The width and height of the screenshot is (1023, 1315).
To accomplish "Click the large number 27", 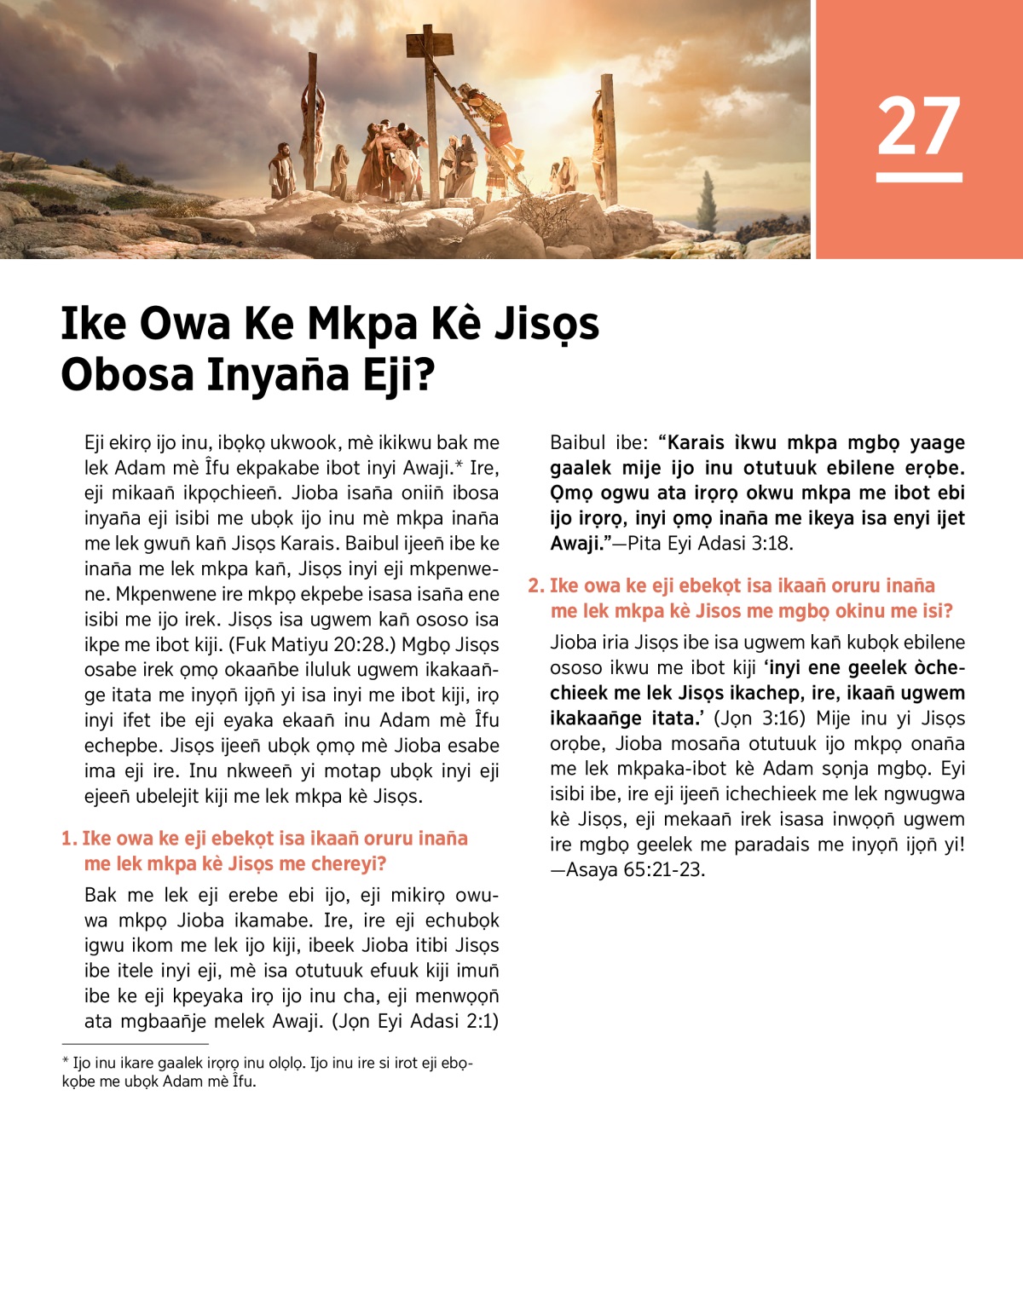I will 919,126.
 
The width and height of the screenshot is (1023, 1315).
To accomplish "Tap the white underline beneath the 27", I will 919,177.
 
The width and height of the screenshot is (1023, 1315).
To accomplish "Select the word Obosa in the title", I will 127,375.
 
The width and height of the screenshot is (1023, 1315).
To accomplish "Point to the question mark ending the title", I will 424,375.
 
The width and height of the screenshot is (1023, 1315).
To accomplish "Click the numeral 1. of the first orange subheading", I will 69,839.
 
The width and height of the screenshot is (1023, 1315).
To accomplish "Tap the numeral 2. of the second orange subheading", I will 536,585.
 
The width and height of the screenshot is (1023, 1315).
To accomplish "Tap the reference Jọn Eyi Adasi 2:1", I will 416,1021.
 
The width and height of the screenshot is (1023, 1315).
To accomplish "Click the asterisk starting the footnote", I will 65,1063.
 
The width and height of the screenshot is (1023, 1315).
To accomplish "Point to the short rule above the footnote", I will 135,1043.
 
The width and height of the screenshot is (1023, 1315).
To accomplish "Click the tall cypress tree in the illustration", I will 707,202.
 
